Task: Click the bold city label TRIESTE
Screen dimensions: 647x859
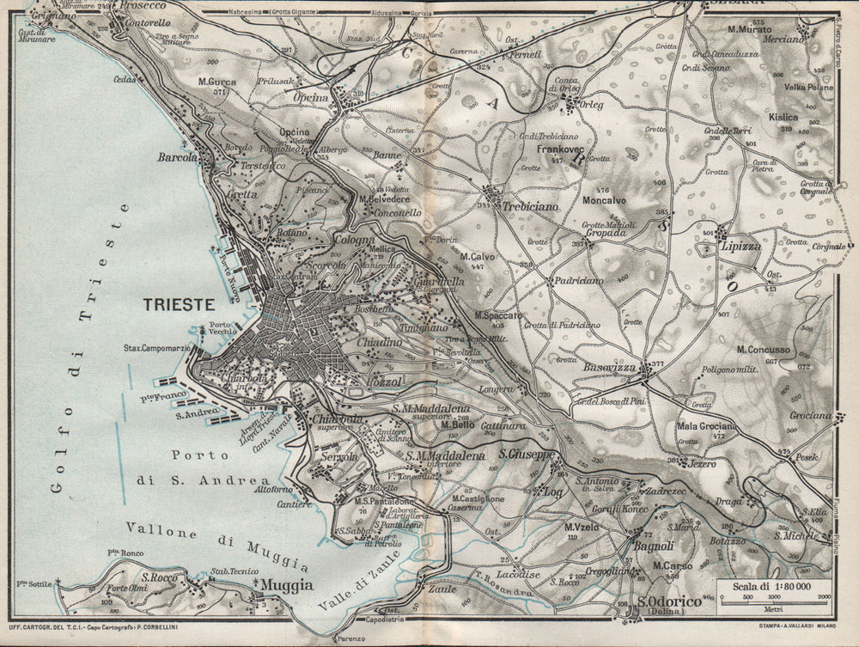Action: (x=179, y=304)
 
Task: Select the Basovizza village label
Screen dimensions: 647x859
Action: (x=610, y=367)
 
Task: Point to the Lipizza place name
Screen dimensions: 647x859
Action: (x=742, y=245)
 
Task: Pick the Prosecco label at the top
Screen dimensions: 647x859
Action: (x=143, y=5)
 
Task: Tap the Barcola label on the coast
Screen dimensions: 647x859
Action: (x=178, y=158)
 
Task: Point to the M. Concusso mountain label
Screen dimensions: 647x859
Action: (x=764, y=350)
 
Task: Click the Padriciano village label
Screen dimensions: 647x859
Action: (x=578, y=280)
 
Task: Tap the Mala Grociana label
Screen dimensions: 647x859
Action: (x=706, y=426)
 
